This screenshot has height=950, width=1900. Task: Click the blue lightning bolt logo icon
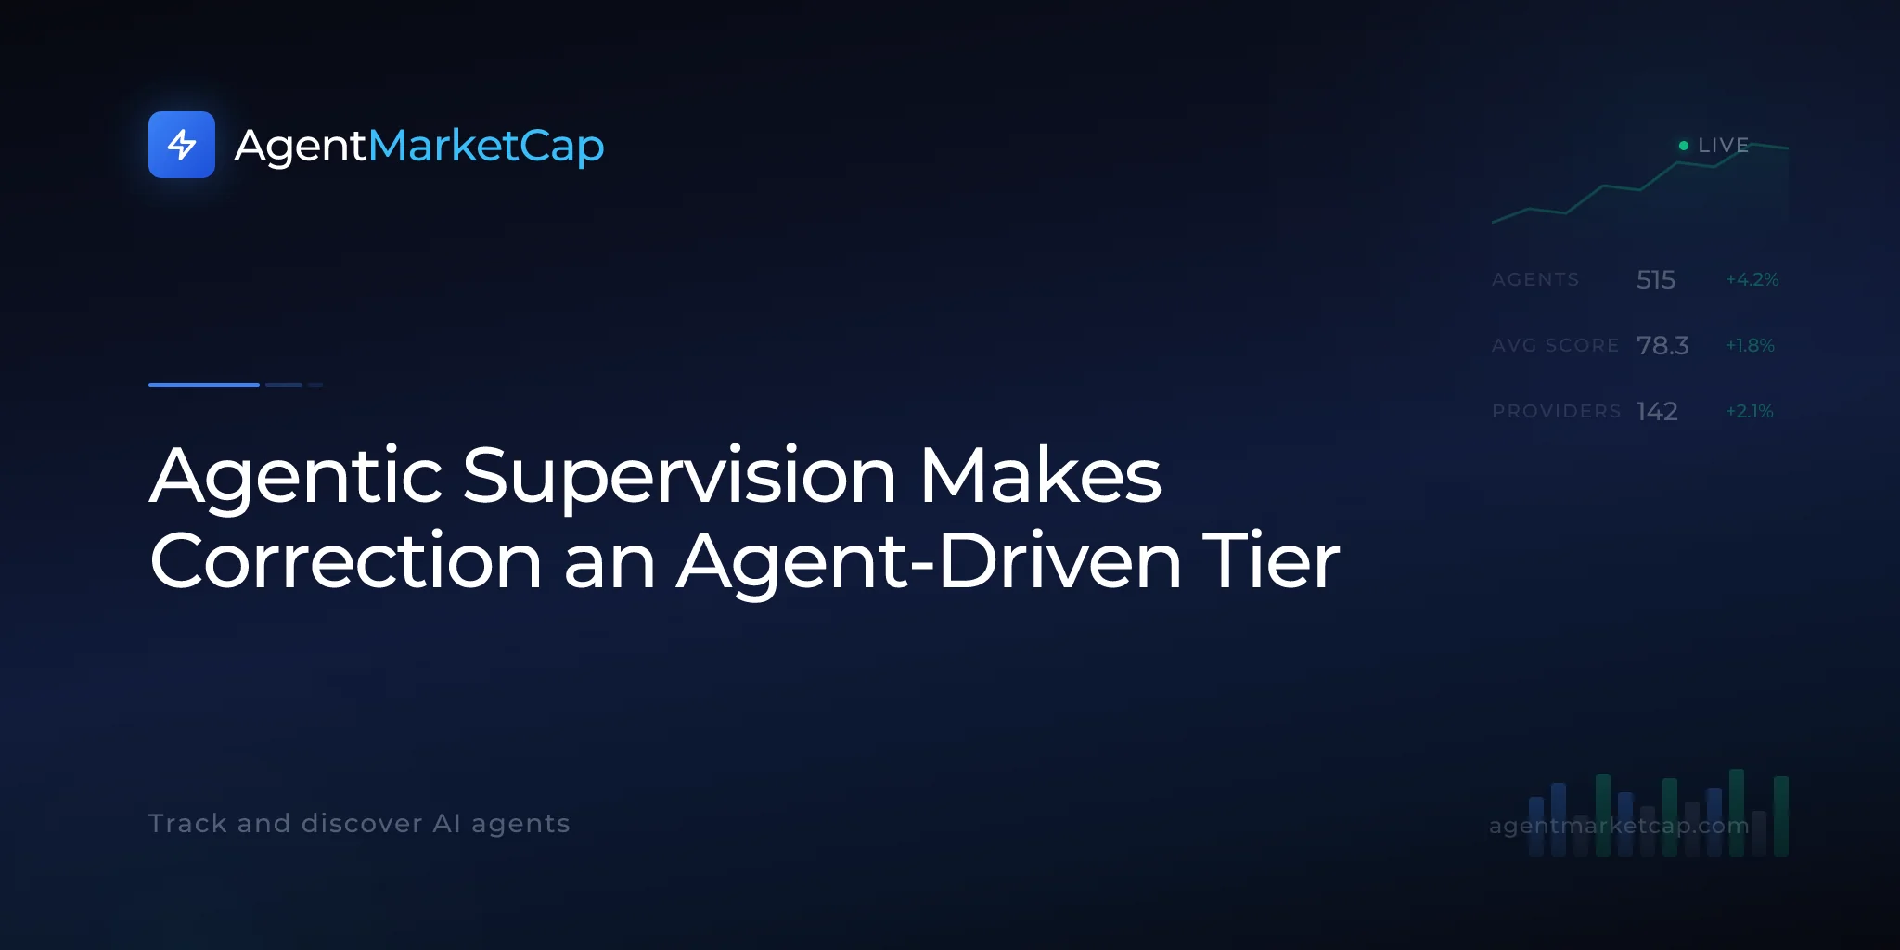[x=182, y=145]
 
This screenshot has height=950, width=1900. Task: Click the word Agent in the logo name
[x=301, y=147]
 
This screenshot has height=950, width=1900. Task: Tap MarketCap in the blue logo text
[x=486, y=147]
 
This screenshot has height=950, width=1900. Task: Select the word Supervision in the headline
[x=679, y=477]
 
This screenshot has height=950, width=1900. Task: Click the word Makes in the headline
[x=1040, y=475]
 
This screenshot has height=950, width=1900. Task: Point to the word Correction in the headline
[x=346, y=561]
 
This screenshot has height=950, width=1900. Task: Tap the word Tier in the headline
[x=1271, y=560]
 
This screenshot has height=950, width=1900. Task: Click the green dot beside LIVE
[x=1684, y=146]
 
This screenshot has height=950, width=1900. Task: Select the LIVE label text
[x=1723, y=146]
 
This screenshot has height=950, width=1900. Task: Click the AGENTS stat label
[x=1535, y=279]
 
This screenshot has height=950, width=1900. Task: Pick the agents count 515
[x=1656, y=279]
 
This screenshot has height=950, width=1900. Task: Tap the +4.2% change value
[x=1752, y=279]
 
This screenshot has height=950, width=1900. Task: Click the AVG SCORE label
[x=1555, y=345]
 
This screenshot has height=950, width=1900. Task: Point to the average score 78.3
[x=1662, y=345]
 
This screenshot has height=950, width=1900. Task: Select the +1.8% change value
[x=1750, y=345]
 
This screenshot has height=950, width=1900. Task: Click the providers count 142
[x=1657, y=411]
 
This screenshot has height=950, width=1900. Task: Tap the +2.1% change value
[x=1750, y=411]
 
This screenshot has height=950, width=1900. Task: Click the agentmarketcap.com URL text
[x=1619, y=826]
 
